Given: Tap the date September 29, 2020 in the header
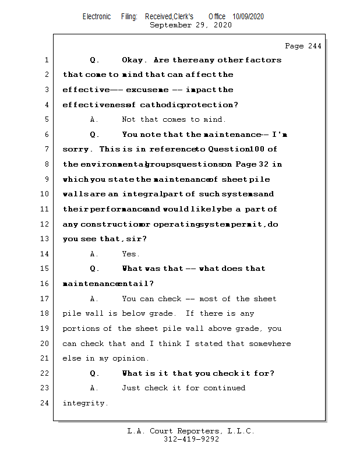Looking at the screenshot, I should (190, 25).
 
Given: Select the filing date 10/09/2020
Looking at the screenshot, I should (248, 17).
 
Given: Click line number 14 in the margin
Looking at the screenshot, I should (45, 254).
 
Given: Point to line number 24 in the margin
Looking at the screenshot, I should (45, 403).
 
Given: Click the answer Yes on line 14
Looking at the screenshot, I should (130, 254).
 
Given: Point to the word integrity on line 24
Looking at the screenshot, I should (85, 403).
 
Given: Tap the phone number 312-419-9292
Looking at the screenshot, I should (191, 440).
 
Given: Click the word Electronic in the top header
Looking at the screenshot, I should (97, 17).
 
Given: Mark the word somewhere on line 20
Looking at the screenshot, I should (270, 344).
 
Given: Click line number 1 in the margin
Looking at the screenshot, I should (45, 60).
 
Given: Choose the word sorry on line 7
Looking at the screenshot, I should (75, 150).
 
